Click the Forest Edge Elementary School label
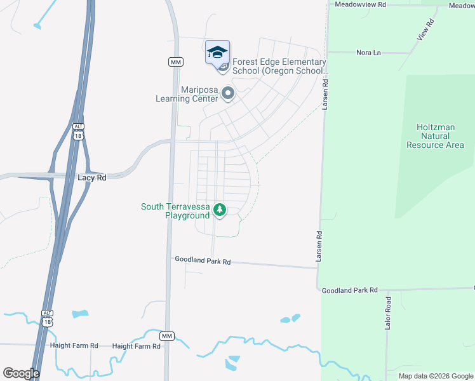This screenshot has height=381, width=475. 279,66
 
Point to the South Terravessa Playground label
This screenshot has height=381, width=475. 175,211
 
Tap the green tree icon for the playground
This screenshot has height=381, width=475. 220,209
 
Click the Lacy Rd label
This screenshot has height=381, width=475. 92,178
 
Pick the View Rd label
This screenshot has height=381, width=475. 425,30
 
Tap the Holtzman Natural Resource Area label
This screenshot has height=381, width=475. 440,136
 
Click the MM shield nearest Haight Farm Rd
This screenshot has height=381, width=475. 166,335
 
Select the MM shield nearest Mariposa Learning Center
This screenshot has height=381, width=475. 176,62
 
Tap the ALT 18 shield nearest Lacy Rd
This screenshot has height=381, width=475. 78,131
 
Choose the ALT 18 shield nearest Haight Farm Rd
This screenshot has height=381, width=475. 47,317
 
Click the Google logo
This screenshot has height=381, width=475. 21,373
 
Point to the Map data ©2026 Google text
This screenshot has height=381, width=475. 435,376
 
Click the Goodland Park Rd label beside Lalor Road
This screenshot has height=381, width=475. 350,290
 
